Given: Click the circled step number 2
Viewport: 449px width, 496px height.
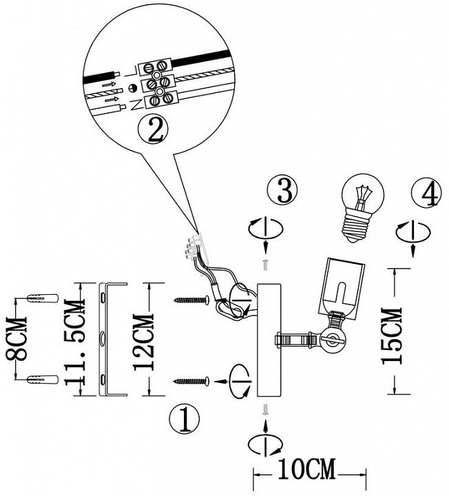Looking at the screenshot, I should (152, 128).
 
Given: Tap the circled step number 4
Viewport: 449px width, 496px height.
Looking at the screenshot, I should (424, 193).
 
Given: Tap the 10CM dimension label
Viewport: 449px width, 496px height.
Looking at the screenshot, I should (305, 472).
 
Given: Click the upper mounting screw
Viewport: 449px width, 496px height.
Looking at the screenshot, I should (191, 300).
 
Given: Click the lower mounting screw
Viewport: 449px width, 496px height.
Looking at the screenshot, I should (191, 380).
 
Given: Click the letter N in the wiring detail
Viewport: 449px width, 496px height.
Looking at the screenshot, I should (136, 103).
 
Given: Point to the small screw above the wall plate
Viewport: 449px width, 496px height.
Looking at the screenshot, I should (265, 265).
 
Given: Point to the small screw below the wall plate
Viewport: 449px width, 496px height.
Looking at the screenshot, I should (265, 410).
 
